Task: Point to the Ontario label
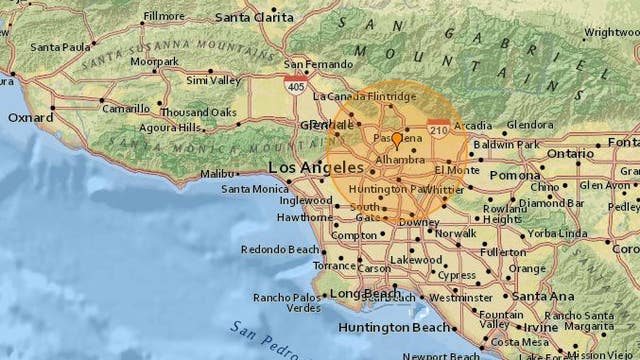pyautogui.click(x=569, y=154)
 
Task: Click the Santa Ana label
pyautogui.click(x=538, y=295)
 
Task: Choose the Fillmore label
pyautogui.click(x=164, y=16)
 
